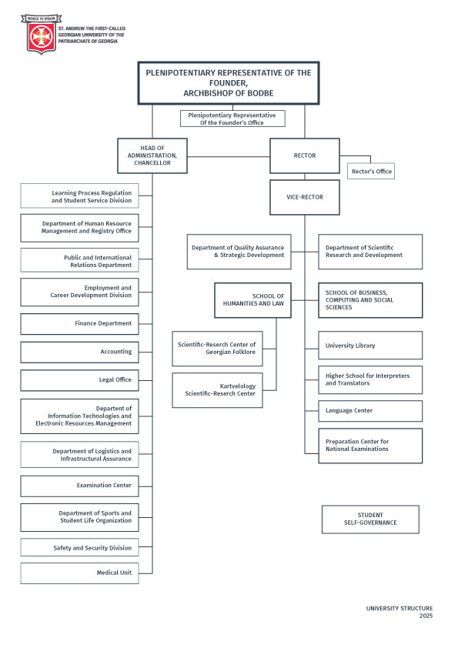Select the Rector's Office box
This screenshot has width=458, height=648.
(371, 171)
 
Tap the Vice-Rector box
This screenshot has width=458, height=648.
(305, 197)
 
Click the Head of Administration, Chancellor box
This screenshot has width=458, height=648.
(152, 155)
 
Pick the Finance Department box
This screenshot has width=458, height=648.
(79, 323)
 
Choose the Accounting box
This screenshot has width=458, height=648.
(79, 352)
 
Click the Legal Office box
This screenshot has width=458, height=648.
(79, 379)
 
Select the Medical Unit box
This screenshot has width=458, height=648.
(79, 573)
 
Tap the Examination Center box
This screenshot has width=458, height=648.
(79, 486)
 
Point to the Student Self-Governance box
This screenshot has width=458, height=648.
(370, 519)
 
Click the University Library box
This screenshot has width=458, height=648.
(370, 345)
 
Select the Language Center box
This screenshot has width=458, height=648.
(370, 411)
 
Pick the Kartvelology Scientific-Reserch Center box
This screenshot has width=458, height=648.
(217, 390)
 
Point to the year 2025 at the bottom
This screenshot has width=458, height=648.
(426, 616)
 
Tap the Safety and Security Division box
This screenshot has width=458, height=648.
(79, 548)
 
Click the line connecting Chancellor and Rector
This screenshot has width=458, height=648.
(229, 157)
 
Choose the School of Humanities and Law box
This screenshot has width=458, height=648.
(252, 300)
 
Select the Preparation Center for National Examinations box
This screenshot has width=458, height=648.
(370, 446)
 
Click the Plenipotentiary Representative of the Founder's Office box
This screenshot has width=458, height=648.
(232, 119)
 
